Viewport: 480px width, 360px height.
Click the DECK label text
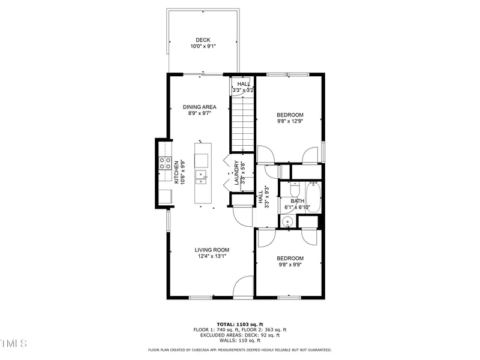pyautogui.click(x=203, y=40)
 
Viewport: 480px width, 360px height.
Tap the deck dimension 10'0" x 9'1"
pyautogui.click(x=203, y=46)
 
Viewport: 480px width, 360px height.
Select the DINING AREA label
pyautogui.click(x=199, y=107)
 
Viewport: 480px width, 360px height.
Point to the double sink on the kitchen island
pyautogui.click(x=203, y=176)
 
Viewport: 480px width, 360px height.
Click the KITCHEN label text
pyautogui.click(x=176, y=172)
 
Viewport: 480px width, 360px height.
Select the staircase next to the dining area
pyautogui.click(x=242, y=126)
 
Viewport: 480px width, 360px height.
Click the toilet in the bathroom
pyautogui.click(x=287, y=188)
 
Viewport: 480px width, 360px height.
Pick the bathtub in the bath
pyautogui.click(x=314, y=197)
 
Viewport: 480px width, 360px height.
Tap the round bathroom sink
pyautogui.click(x=287, y=221)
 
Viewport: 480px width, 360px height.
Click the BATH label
pyautogui.click(x=297, y=201)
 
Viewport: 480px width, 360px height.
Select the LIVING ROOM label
pyautogui.click(x=212, y=250)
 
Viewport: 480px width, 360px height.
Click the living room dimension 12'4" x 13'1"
pyautogui.click(x=212, y=256)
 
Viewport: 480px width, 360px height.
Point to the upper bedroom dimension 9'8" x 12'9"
pyautogui.click(x=290, y=121)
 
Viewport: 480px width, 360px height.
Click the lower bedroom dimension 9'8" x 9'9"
pyautogui.click(x=290, y=265)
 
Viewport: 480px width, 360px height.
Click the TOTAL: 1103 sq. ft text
pyautogui.click(x=239, y=323)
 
